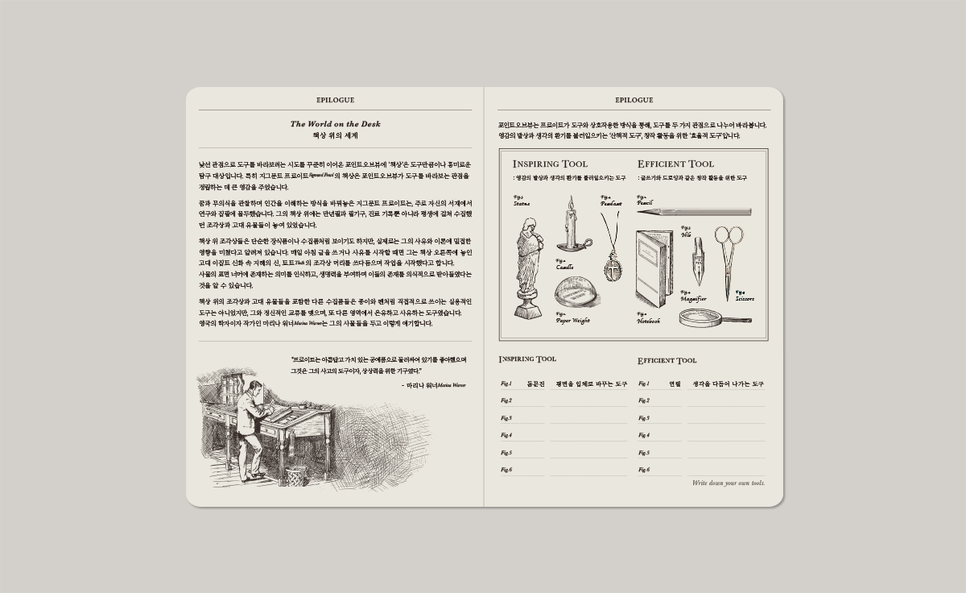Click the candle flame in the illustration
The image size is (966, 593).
571,202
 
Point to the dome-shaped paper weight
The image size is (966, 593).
577,293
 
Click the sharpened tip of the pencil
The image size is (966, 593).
642,212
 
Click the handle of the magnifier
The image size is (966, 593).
740,318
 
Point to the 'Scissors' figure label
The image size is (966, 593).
745,299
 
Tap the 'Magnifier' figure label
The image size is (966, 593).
693,299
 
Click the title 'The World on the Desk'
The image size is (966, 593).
335,124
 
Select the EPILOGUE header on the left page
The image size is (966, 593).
335,101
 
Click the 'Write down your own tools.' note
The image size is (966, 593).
729,483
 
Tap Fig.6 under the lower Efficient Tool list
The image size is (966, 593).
643,470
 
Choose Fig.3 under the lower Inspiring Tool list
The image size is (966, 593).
506,418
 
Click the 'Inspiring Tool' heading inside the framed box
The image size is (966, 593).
550,164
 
